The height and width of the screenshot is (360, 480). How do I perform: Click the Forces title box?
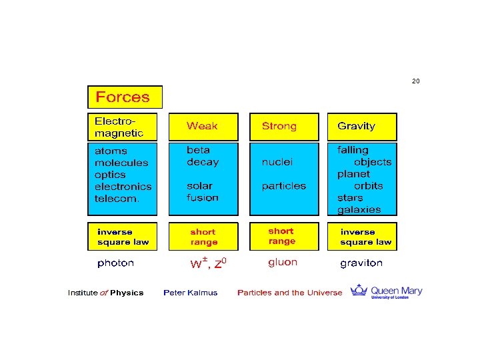click(x=125, y=97)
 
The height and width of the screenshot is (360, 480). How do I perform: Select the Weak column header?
click(x=202, y=126)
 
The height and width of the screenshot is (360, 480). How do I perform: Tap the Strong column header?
click(x=279, y=126)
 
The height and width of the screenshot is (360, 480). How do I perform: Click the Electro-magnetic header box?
click(x=123, y=127)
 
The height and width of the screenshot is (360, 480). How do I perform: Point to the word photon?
click(x=115, y=263)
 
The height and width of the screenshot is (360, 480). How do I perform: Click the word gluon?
click(x=283, y=262)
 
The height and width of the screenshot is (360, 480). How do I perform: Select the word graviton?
click(x=361, y=263)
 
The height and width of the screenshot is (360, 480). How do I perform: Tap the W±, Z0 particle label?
click(x=209, y=263)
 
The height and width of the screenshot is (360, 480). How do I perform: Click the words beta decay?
click(x=203, y=156)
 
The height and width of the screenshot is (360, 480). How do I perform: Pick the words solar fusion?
click(x=203, y=191)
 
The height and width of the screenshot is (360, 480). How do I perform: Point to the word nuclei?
click(x=277, y=161)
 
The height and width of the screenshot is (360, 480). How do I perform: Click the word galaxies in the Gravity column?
click(x=359, y=209)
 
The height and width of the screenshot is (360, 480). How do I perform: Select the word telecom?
click(x=117, y=199)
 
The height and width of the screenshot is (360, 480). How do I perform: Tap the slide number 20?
click(x=416, y=81)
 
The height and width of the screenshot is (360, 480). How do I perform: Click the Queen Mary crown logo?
click(x=360, y=290)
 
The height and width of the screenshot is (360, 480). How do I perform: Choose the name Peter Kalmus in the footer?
click(x=190, y=293)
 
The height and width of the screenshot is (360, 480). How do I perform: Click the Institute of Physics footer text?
click(x=105, y=293)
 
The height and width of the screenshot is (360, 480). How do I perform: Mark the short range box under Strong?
click(x=281, y=236)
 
